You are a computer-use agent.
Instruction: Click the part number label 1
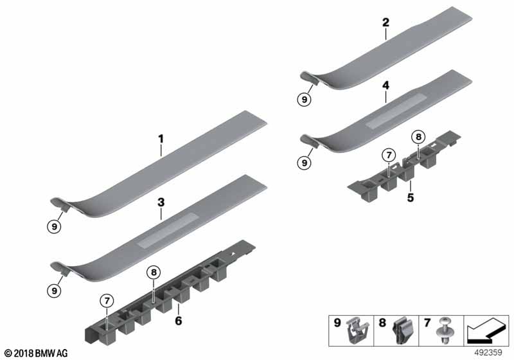tap(161, 139)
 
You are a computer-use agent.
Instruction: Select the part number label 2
tap(386, 22)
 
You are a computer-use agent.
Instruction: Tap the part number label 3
tap(161, 203)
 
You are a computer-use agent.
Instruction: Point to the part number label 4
tap(386, 85)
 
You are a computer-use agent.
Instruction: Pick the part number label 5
tap(411, 198)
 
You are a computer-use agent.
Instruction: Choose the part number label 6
tap(179, 321)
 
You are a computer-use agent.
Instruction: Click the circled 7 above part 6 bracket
tap(107, 301)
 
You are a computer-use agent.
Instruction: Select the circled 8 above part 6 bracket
tap(154, 272)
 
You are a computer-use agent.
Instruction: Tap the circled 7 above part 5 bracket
tap(389, 155)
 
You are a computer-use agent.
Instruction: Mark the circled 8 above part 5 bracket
tap(418, 136)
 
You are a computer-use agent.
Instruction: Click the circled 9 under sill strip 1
tap(54, 226)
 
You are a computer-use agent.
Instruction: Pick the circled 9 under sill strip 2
tap(304, 100)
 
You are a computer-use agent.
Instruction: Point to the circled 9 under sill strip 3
tap(54, 291)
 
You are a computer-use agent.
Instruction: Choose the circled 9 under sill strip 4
tap(304, 163)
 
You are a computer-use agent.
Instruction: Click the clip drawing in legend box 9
tap(357, 330)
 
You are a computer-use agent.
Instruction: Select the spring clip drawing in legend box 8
tap(403, 331)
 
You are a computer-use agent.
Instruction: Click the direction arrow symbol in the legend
tap(486, 330)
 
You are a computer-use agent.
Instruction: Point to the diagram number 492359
tap(488, 353)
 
